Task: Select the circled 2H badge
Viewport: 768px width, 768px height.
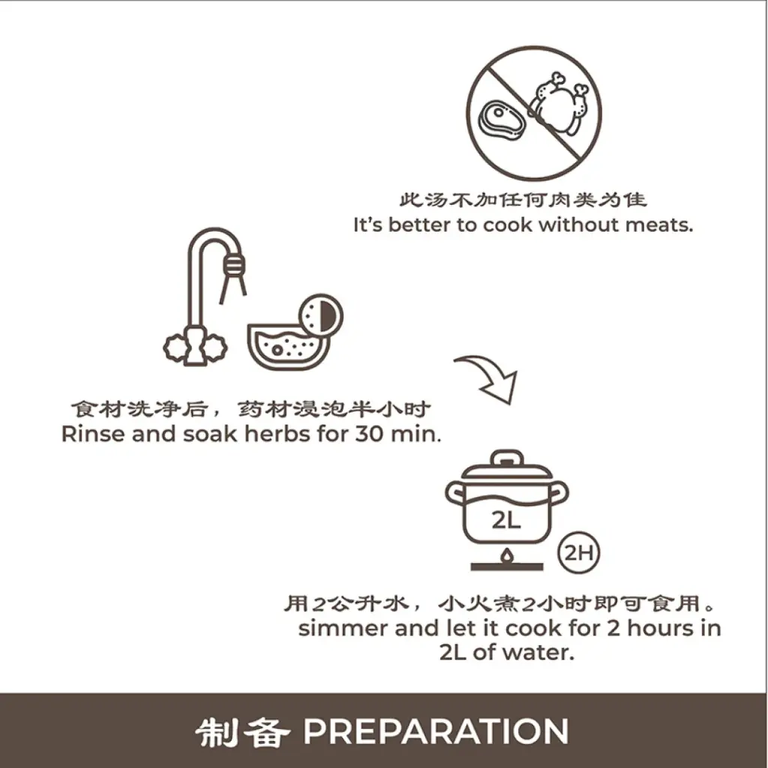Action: [x=580, y=554]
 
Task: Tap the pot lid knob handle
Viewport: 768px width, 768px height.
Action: [x=506, y=458]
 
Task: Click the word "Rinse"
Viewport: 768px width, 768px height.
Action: [x=94, y=434]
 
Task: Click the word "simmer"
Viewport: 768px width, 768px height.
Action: [x=342, y=628]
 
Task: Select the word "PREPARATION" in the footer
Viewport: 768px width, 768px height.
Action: [x=436, y=732]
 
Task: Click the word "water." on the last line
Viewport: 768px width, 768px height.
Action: [x=538, y=652]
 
